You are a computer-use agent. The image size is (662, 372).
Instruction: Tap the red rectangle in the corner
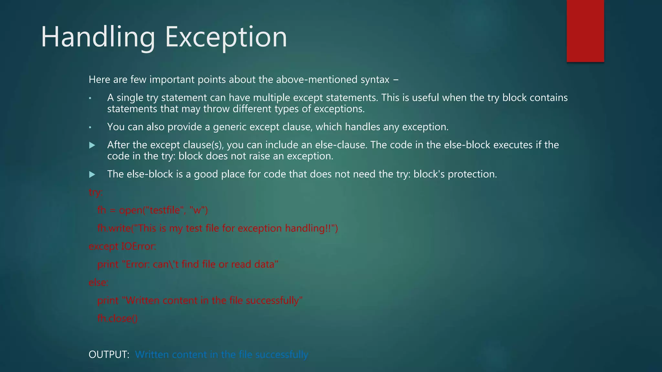[x=585, y=31]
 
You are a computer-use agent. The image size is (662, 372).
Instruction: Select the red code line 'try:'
[x=96, y=192]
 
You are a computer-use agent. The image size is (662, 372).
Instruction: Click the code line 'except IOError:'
[x=122, y=246]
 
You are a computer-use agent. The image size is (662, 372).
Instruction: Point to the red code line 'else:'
[x=98, y=283]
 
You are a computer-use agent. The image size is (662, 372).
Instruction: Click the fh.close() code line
[x=117, y=319]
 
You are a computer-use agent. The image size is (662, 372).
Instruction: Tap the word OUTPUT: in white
[x=109, y=355]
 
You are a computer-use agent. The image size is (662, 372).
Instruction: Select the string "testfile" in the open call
[x=163, y=210]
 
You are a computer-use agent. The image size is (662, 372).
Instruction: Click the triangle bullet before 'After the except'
[x=92, y=145]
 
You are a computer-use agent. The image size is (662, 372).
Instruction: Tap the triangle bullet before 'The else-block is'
[x=92, y=175]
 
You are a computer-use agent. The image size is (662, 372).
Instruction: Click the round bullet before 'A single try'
[x=91, y=98]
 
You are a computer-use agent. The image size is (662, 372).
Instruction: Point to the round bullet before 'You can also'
[x=91, y=128]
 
